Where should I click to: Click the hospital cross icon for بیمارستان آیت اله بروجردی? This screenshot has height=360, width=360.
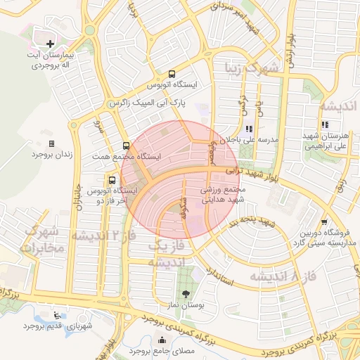pos(50,44)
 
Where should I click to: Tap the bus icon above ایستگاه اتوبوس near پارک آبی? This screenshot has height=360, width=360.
pos(172,74)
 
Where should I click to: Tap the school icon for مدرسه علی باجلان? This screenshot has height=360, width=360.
pos(250,130)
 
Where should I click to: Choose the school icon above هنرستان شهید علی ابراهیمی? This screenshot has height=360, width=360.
pos(324,125)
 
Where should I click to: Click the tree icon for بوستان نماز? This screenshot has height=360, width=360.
pos(186,293)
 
